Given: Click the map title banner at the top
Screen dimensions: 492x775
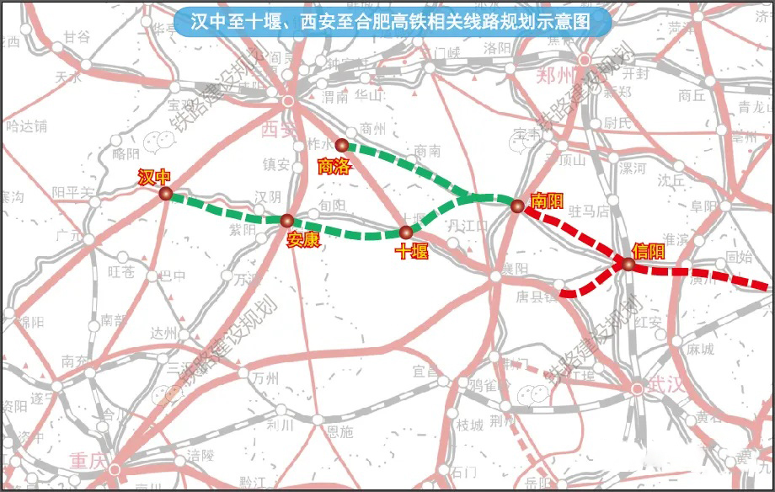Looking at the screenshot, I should click(393, 22).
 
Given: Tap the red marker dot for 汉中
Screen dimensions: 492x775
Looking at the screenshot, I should click(166, 195).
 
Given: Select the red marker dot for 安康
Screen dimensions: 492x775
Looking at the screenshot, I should click(286, 221).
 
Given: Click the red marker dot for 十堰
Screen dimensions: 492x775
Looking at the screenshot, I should click(406, 232).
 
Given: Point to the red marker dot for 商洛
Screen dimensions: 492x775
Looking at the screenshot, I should click(341, 146).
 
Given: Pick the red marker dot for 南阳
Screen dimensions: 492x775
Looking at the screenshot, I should click(518, 205).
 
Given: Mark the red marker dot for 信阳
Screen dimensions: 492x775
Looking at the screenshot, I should click(628, 265).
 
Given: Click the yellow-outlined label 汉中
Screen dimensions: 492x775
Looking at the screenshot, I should click(154, 176).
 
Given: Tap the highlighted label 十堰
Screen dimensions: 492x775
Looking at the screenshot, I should click(412, 250).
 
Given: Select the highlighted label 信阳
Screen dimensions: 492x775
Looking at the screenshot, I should click(648, 250).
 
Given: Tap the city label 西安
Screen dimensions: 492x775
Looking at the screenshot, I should click(279, 129).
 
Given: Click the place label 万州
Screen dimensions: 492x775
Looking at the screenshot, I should click(265, 378).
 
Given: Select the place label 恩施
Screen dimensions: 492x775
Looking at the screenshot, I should click(339, 432).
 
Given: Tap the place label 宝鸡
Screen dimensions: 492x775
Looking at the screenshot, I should click(181, 105).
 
